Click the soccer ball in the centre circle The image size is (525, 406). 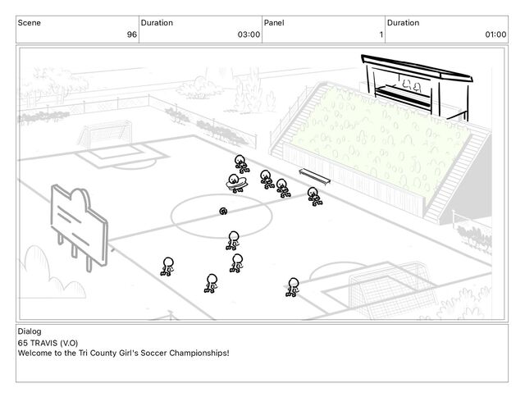[x=223, y=211]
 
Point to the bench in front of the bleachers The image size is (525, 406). [x=315, y=176]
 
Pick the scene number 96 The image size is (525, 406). [x=131, y=34]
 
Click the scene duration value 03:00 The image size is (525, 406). [x=249, y=34]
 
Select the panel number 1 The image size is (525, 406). [x=381, y=34]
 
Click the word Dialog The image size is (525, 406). [x=29, y=331]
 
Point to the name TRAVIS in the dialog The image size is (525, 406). [x=45, y=342]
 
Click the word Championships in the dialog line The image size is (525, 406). [x=197, y=353]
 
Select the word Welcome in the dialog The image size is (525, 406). [x=34, y=353]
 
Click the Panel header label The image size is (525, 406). [x=274, y=23]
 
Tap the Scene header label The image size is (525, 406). [x=30, y=23]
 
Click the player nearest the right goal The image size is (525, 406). [x=293, y=286]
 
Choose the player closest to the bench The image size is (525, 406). [x=313, y=196]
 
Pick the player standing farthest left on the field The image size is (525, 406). [x=167, y=266]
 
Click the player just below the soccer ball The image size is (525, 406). [x=233, y=239]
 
